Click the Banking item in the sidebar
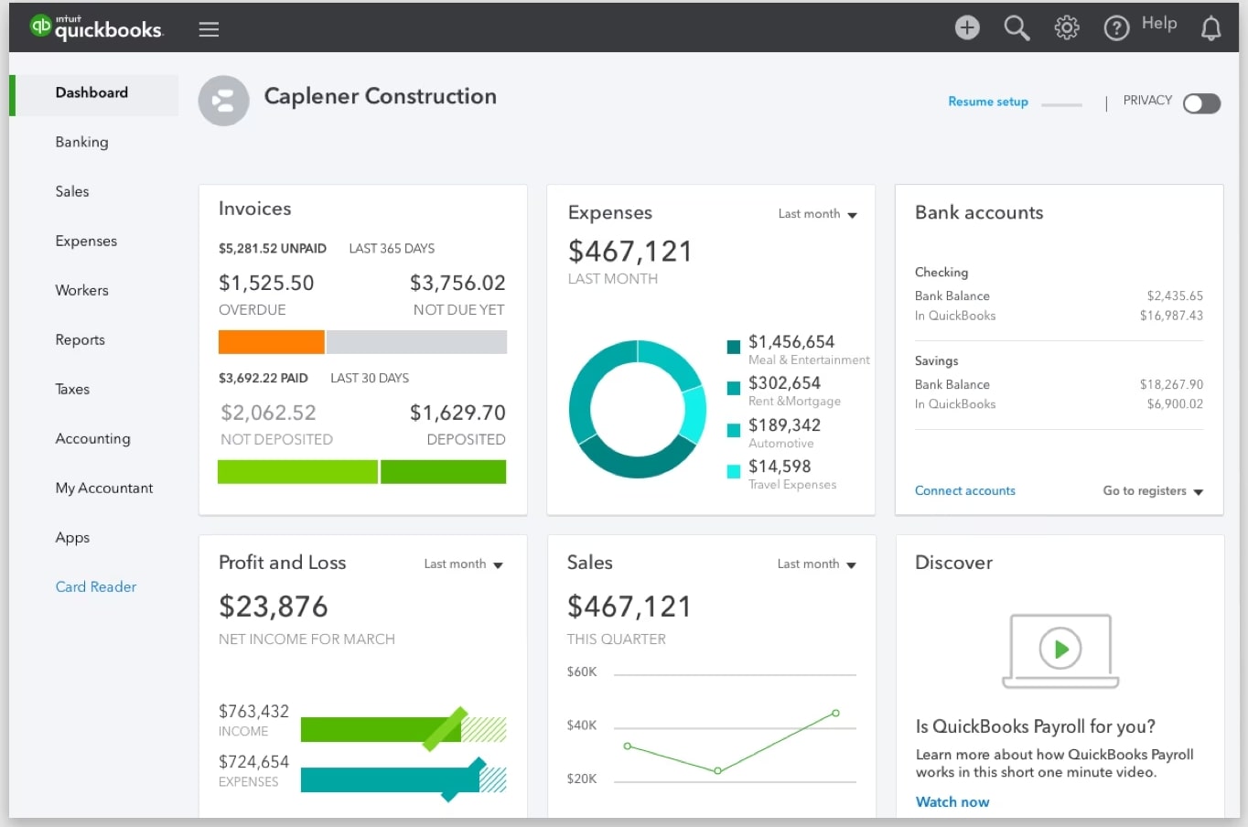pos(81,142)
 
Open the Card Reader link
pos(95,586)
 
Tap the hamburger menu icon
pos(209,29)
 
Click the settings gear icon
pos(1066,28)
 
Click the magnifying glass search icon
pos(1017,28)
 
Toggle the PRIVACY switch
pos(1201,103)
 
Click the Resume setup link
pos(987,102)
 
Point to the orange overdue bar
pos(271,342)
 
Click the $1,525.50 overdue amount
pos(266,283)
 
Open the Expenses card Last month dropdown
pos(817,214)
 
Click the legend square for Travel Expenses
pos(733,472)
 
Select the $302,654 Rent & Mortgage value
pos(784,383)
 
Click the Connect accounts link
pos(964,490)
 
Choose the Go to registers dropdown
pos(1152,491)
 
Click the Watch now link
pos(952,801)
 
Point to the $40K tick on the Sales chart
pos(582,725)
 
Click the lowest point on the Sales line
pos(717,771)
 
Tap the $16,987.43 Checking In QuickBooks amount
pos(1170,316)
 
